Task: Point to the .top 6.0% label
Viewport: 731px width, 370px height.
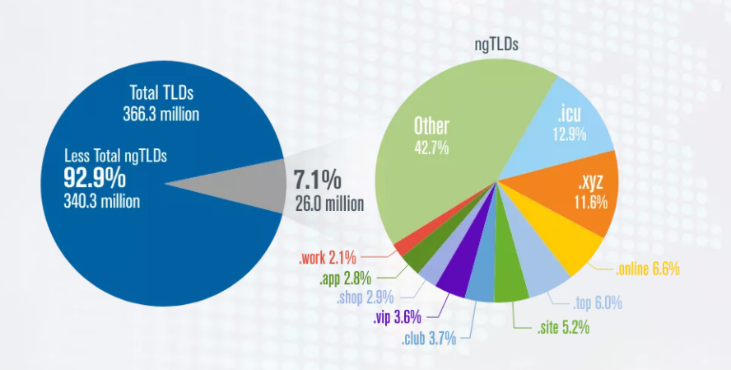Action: pyautogui.click(x=597, y=302)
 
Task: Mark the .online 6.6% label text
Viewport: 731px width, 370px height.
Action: pyautogui.click(x=648, y=269)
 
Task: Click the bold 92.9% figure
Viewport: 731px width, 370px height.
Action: pyautogui.click(x=94, y=177)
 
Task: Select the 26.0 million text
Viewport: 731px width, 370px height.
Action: pyautogui.click(x=328, y=204)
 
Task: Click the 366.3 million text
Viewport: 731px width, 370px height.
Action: pyautogui.click(x=161, y=112)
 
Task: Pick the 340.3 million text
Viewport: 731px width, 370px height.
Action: pyautogui.click(x=101, y=200)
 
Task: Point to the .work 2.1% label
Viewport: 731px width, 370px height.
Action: pyautogui.click(x=328, y=260)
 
